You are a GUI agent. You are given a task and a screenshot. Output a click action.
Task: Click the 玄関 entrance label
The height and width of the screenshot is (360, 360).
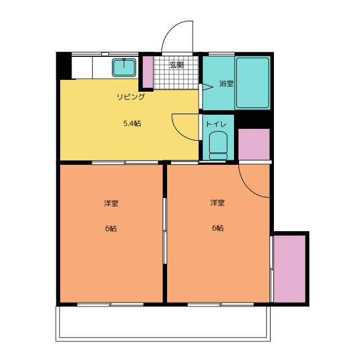[x=177, y=65]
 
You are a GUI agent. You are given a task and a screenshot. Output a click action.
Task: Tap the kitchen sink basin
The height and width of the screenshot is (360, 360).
[x=124, y=67]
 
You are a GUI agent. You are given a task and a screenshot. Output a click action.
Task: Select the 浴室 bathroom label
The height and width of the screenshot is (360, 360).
[x=226, y=83]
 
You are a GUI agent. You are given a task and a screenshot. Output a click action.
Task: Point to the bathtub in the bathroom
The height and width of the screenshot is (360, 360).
[x=253, y=83]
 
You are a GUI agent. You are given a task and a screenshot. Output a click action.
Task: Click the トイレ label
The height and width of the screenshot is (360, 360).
[x=216, y=124]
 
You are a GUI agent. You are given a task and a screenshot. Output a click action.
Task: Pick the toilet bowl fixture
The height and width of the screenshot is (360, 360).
[x=218, y=145]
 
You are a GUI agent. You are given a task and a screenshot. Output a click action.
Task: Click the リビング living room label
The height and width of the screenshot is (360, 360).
[x=131, y=97]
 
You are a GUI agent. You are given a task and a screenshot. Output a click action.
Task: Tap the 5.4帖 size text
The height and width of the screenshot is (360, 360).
[x=132, y=124]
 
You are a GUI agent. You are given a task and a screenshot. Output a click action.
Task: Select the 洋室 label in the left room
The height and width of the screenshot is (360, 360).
[x=111, y=203]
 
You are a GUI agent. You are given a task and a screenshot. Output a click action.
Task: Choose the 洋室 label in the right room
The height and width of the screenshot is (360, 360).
[x=218, y=202]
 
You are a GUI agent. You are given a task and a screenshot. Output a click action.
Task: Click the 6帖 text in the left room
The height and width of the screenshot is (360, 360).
[x=111, y=228]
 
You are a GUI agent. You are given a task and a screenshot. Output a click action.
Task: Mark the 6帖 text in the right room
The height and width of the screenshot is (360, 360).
[x=218, y=228]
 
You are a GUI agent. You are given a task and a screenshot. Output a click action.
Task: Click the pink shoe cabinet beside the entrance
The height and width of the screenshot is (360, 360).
[x=148, y=72]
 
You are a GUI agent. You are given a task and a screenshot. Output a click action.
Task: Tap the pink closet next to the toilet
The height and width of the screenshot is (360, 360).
[x=254, y=144]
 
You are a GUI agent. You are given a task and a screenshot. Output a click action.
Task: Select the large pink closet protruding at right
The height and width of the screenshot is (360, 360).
[x=290, y=269]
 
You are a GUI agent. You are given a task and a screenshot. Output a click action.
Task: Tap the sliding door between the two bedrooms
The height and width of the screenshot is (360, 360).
[x=165, y=231]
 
